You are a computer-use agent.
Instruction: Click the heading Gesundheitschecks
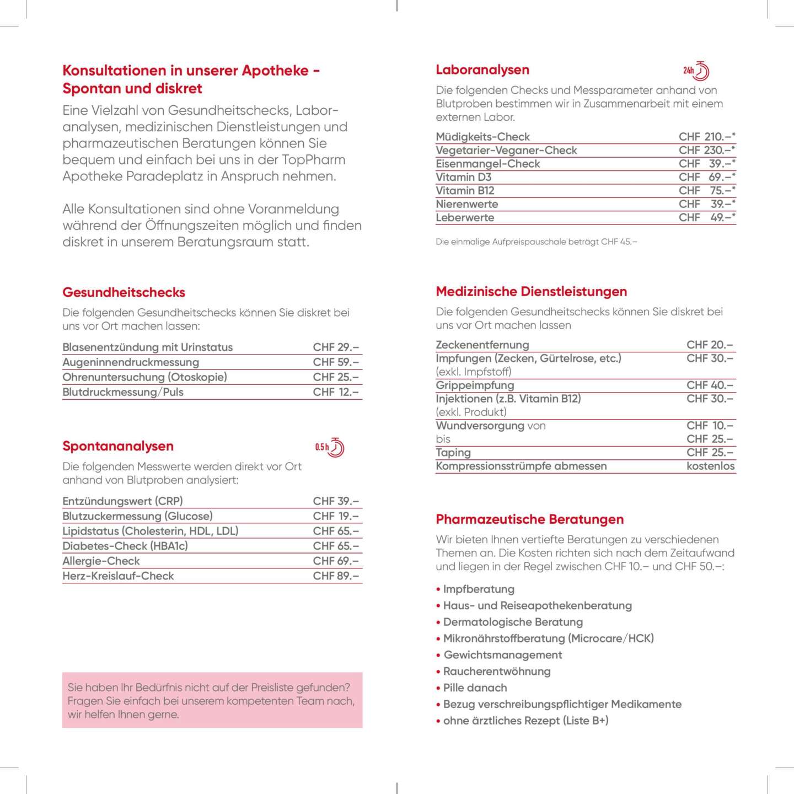(x=124, y=292)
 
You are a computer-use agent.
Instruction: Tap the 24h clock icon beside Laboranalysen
(x=696, y=71)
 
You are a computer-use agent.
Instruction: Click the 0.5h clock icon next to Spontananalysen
(x=330, y=447)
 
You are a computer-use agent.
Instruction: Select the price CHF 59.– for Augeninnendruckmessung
(x=336, y=362)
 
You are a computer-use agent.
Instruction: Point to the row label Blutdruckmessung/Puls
(x=123, y=392)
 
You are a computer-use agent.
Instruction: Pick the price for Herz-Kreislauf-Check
(x=336, y=576)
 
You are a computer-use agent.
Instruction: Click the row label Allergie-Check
(x=101, y=561)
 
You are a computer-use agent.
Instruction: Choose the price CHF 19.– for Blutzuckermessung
(x=336, y=516)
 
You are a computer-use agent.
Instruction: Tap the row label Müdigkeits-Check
(x=482, y=137)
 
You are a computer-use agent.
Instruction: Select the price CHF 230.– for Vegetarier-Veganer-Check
(x=707, y=150)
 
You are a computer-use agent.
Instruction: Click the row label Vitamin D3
(x=463, y=177)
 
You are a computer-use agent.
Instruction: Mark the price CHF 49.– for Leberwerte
(x=707, y=217)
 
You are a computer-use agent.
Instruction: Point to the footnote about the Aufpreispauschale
(x=536, y=242)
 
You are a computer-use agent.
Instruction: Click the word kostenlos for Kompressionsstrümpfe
(x=710, y=466)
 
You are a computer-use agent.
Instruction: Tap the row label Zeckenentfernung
(x=482, y=345)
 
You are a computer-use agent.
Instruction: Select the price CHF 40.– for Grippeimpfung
(x=710, y=385)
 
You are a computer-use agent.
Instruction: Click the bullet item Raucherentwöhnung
(x=497, y=671)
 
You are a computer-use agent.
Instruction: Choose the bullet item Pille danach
(x=475, y=688)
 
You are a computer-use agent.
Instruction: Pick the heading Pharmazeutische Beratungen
(x=529, y=519)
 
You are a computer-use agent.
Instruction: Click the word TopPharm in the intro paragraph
(x=314, y=160)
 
